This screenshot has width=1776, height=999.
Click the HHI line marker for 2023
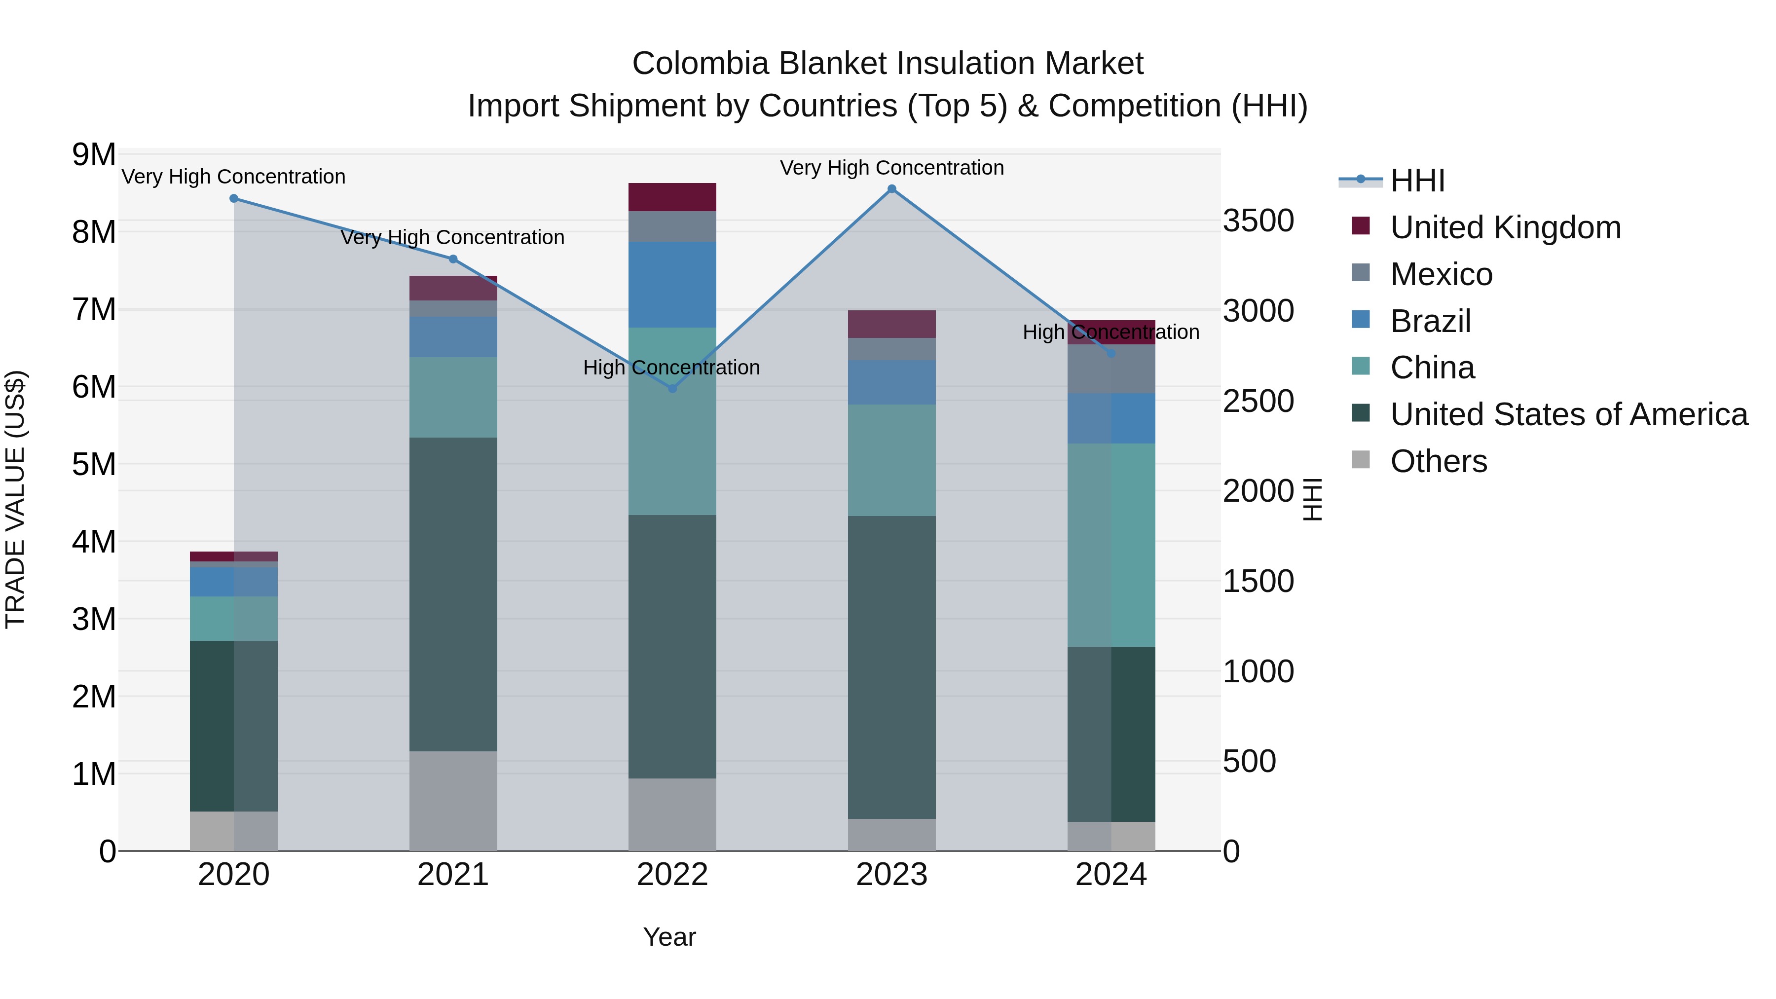[891, 189]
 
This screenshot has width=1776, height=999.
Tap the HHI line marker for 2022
[672, 389]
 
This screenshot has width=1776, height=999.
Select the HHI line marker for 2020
[234, 198]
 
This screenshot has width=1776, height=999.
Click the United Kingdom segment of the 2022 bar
[672, 197]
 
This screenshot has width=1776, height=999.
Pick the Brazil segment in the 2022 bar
[672, 285]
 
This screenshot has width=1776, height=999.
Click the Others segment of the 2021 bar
[453, 801]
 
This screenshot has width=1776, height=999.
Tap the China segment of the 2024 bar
[1110, 545]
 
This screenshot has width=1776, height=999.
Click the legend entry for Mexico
[1441, 274]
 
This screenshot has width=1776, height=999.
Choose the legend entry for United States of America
[1568, 414]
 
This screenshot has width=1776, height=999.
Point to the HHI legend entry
[1417, 181]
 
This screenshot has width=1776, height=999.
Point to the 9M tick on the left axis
[94, 155]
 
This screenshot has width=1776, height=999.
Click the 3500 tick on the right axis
[1258, 222]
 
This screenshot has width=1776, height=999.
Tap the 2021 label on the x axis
[453, 875]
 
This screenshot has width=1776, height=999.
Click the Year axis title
[669, 937]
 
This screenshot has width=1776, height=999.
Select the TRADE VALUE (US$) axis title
[15, 499]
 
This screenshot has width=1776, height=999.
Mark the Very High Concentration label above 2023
[891, 168]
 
